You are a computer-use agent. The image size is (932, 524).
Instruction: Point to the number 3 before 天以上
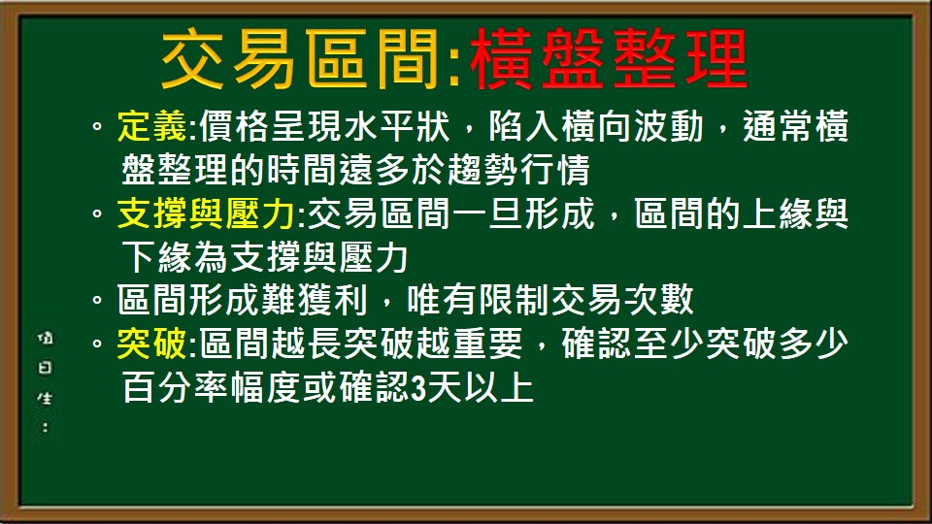(x=418, y=387)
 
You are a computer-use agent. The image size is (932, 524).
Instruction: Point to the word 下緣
(x=150, y=257)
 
